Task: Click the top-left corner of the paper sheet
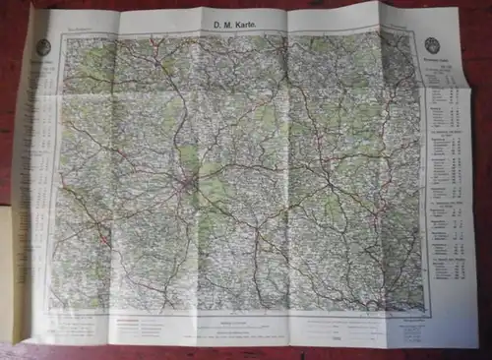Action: [34, 9]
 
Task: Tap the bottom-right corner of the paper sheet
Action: [478, 348]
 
